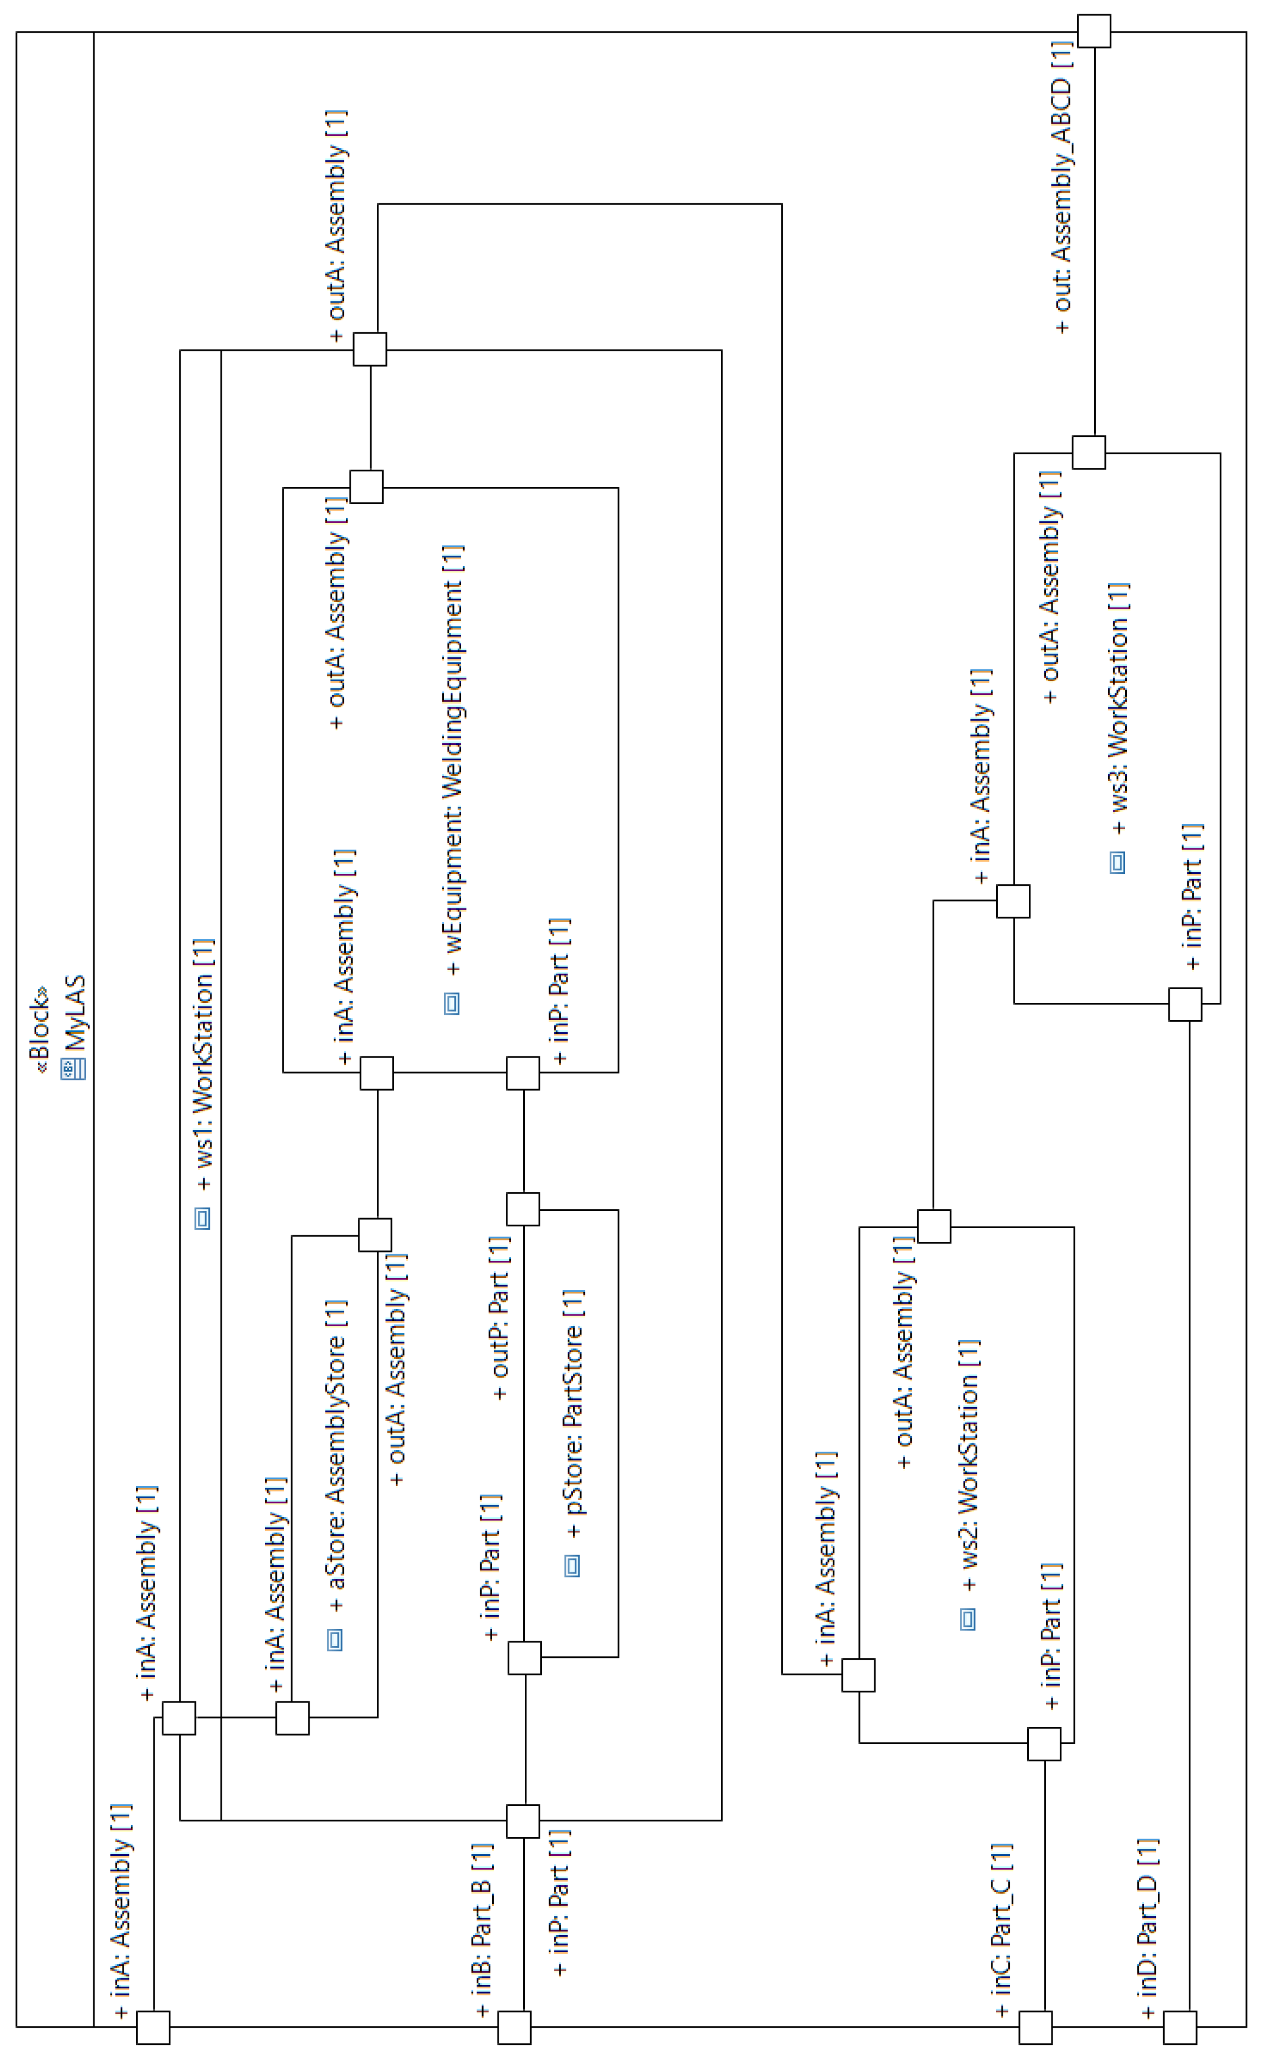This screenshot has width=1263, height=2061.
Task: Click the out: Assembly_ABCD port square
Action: pyautogui.click(x=1094, y=31)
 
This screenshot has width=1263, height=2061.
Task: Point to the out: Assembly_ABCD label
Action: pyautogui.click(x=1060, y=188)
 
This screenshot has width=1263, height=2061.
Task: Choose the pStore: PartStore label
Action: pyautogui.click(x=575, y=1413)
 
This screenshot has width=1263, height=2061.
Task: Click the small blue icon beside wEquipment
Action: pyautogui.click(x=452, y=1003)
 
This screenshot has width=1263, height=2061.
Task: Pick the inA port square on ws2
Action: pyautogui.click(x=858, y=1675)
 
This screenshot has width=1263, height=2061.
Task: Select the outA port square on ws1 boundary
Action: pyautogui.click(x=370, y=349)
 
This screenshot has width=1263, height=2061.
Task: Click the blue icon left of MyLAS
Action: pyautogui.click(x=74, y=1068)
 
